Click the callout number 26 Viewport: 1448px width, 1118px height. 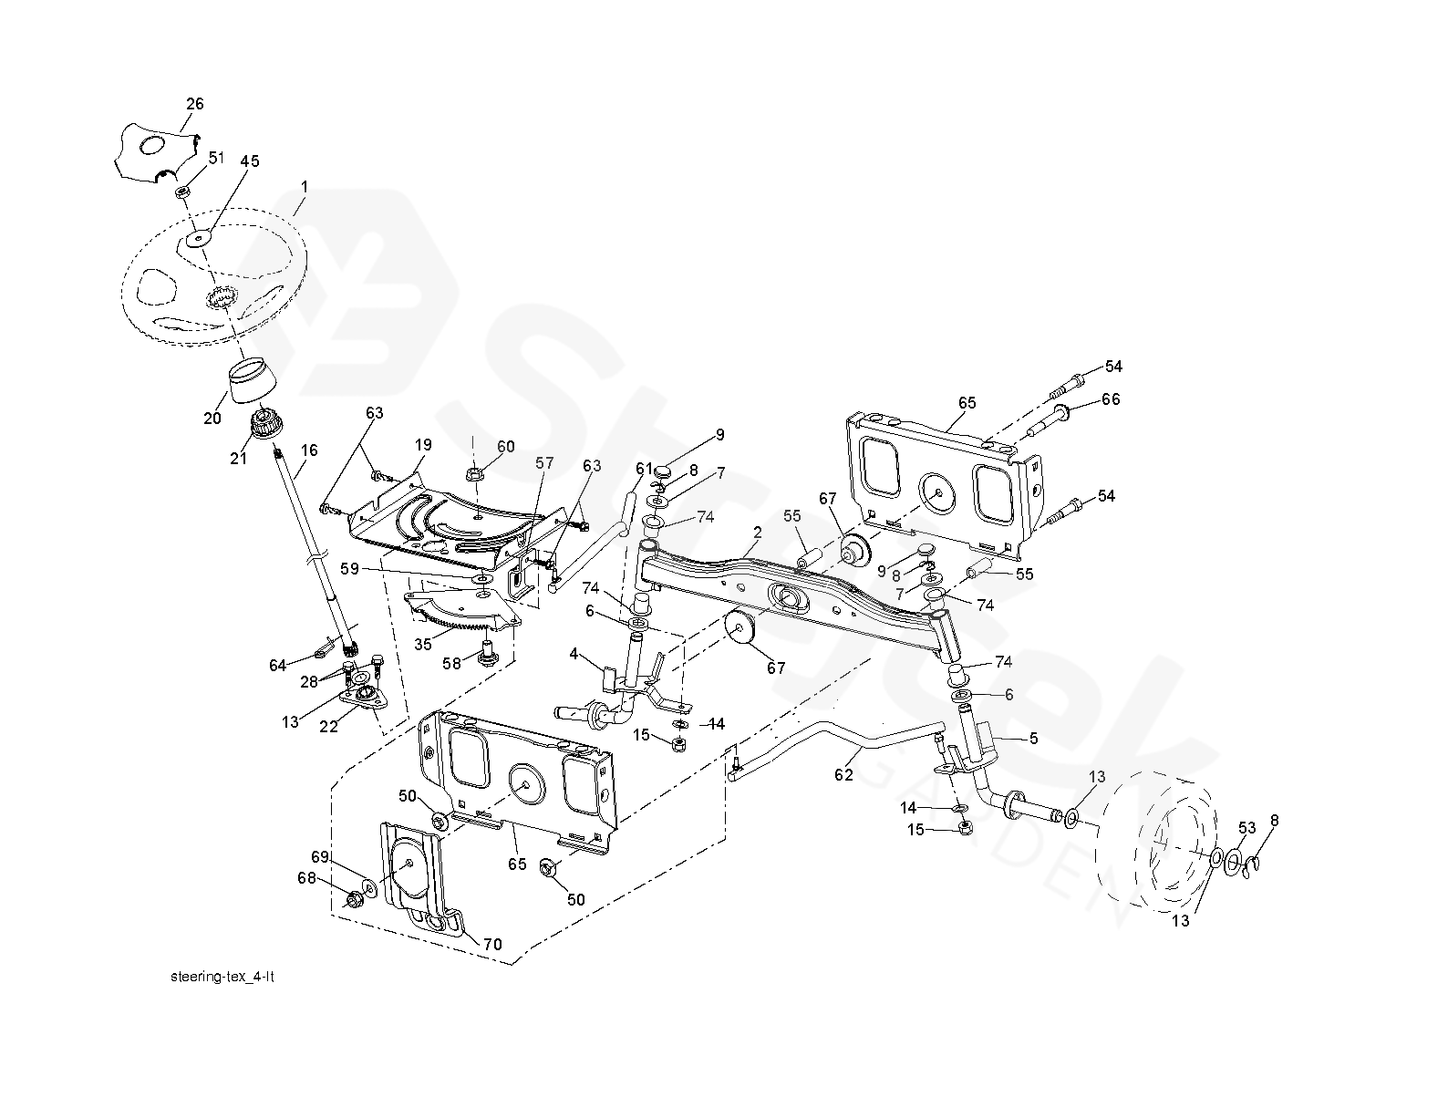click(x=195, y=104)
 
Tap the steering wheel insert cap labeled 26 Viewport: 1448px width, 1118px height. click(x=155, y=148)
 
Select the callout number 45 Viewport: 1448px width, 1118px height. click(x=249, y=161)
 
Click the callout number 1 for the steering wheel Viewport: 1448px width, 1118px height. click(x=305, y=186)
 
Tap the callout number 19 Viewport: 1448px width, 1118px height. click(x=422, y=446)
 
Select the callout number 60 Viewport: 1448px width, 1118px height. click(x=505, y=446)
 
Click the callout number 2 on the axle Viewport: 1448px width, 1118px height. click(x=757, y=531)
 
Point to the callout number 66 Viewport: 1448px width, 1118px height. click(x=1110, y=399)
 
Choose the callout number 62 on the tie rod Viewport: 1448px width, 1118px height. click(x=843, y=775)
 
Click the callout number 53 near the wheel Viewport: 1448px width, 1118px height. click(x=1247, y=828)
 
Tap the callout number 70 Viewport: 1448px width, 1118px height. click(x=491, y=945)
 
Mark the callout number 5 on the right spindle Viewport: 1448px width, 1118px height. click(x=1033, y=739)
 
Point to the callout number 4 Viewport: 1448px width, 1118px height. click(x=574, y=653)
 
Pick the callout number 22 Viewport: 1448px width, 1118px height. click(x=330, y=726)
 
